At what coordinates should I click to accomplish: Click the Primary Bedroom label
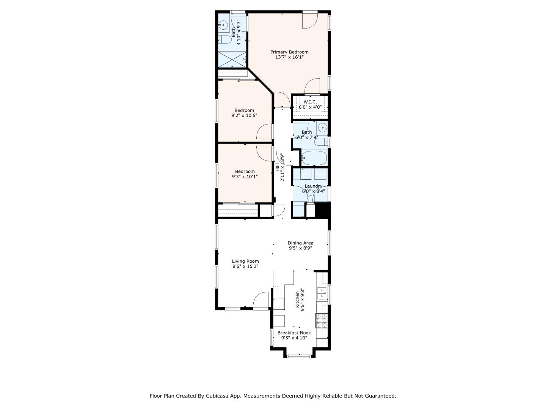[x=289, y=52]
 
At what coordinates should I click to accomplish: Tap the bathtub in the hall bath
[x=314, y=158]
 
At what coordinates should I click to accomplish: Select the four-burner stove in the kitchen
[x=322, y=321]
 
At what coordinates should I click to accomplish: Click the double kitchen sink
[x=322, y=293]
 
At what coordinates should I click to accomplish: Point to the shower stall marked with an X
[x=232, y=59]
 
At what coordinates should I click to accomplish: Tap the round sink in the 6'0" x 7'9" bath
[x=323, y=127]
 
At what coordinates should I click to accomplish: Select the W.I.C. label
[x=310, y=102]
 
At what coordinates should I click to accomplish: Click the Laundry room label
[x=313, y=186]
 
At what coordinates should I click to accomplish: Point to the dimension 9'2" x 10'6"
[x=244, y=115]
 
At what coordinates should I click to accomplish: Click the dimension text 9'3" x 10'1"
[x=245, y=177]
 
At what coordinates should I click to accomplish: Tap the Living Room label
[x=245, y=261]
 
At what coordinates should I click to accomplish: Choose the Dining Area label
[x=300, y=243]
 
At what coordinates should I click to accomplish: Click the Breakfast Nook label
[x=294, y=333]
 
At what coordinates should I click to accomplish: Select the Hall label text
[x=277, y=167]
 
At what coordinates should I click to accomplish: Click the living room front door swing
[x=261, y=300]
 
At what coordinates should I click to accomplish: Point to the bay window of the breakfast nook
[x=299, y=356]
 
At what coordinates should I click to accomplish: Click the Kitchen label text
[x=298, y=300]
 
